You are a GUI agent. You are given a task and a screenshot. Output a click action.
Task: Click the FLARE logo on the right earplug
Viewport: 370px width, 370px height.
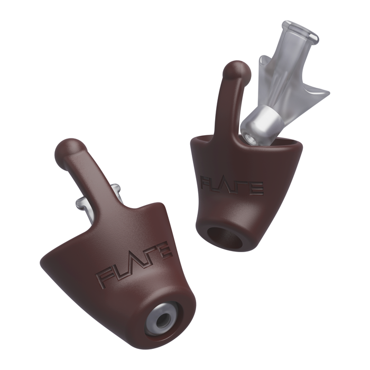pyautogui.click(x=232, y=185)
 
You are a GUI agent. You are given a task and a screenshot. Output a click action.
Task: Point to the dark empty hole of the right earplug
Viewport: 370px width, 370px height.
pyautogui.click(x=225, y=238)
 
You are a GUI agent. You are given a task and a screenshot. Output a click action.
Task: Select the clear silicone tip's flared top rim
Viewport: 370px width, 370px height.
pyautogui.click(x=301, y=31)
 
